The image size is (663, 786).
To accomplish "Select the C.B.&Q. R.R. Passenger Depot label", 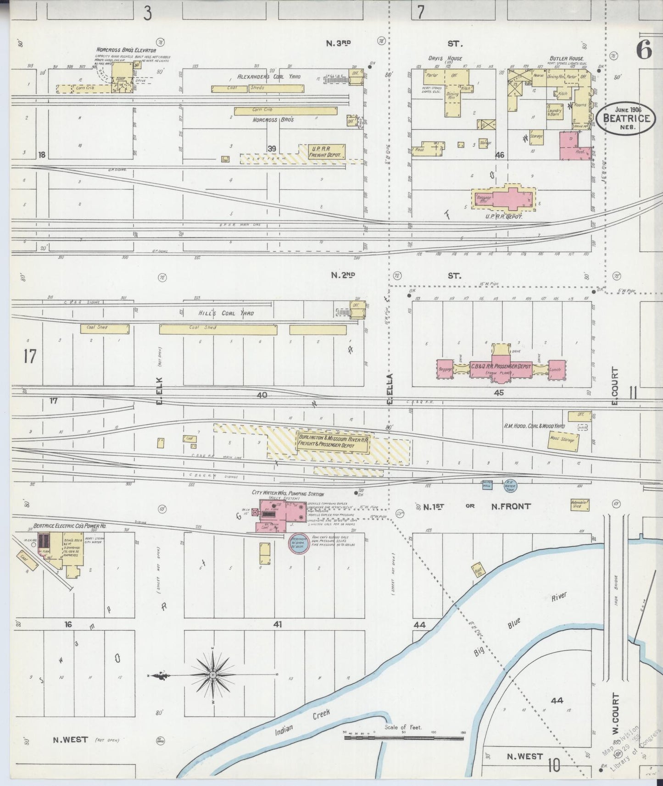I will pyautogui.click(x=501, y=367).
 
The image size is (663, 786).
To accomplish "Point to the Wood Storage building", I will pyautogui.click(x=564, y=440).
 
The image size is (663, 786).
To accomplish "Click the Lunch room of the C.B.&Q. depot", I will pyautogui.click(x=556, y=370).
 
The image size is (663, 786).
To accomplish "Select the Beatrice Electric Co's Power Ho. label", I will pyautogui.click(x=68, y=526).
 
